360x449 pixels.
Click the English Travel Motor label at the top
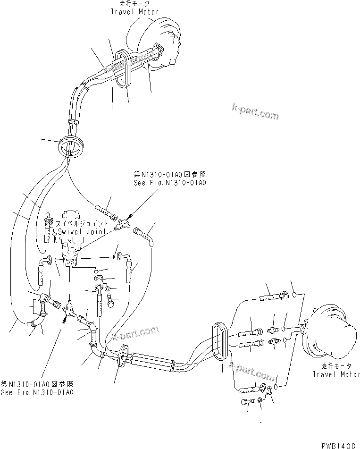coord(134,11)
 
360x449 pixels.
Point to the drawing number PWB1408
coord(339,444)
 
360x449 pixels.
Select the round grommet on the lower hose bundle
coord(123,355)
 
